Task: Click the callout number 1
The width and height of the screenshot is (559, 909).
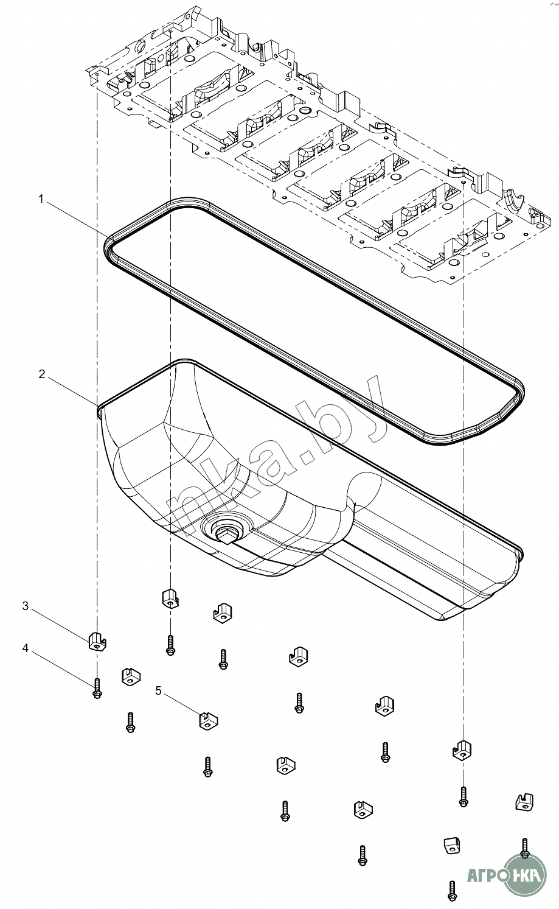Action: click(41, 199)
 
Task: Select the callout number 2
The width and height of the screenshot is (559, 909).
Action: click(41, 374)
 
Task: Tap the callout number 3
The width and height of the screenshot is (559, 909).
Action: click(26, 606)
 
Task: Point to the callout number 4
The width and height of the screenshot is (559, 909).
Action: click(26, 648)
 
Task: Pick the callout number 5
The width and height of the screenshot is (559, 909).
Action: click(159, 690)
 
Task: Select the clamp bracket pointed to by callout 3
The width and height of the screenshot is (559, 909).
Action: click(97, 641)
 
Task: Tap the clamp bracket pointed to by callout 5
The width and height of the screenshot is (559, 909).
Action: click(209, 720)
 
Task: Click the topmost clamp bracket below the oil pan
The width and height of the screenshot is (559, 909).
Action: click(170, 598)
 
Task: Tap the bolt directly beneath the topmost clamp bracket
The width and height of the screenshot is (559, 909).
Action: click(170, 645)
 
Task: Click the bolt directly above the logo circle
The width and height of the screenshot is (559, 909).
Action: click(524, 848)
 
